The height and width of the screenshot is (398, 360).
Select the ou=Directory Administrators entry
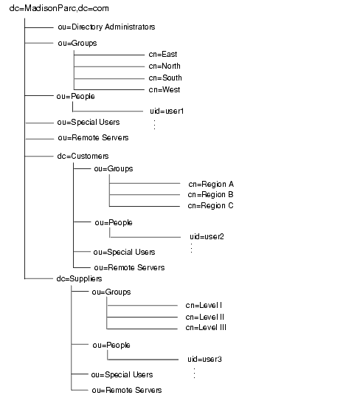106,27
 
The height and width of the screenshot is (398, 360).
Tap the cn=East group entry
162,55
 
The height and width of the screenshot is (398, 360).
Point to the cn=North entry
164,66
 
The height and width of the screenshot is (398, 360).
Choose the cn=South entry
165,78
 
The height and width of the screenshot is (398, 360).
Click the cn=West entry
164,90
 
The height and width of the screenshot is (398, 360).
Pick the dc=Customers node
83,156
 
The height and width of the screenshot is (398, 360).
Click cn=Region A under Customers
210,183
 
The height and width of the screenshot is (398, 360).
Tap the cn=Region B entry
210,194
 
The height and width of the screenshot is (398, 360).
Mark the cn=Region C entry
210,205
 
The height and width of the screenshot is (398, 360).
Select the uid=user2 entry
207,236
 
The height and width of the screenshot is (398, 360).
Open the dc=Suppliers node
80,278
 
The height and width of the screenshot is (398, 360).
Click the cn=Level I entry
204,305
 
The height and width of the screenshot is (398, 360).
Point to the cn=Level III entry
206,327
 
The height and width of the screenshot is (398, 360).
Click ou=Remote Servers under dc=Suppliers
126,389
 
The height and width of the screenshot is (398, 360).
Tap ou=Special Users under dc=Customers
125,252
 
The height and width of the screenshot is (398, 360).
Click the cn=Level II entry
204,316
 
